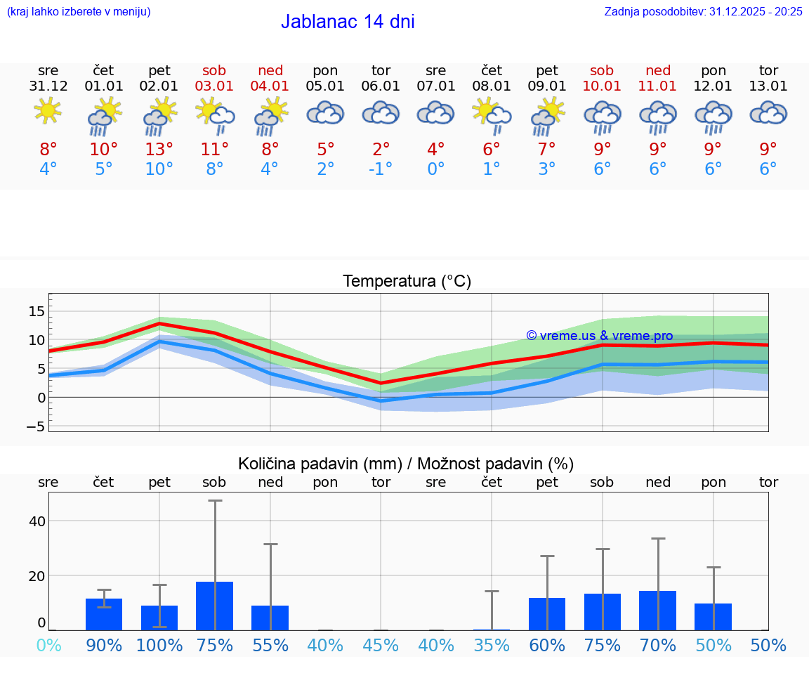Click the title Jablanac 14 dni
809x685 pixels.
click(x=348, y=22)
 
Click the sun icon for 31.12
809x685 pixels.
click(x=48, y=111)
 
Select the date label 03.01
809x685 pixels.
click(x=215, y=86)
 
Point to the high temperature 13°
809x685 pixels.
click(x=159, y=149)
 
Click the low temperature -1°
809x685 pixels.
click(x=381, y=169)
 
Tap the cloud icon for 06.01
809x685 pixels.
click(x=381, y=113)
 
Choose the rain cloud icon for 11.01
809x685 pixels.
click(x=658, y=117)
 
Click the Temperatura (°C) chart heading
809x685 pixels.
click(x=407, y=281)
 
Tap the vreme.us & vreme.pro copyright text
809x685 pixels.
click(x=599, y=336)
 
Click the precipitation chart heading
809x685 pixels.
click(x=406, y=464)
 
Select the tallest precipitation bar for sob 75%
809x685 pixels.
click(x=215, y=606)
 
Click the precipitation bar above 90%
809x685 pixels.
click(x=104, y=614)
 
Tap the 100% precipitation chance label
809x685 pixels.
click(x=159, y=645)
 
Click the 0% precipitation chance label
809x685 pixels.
click(x=48, y=645)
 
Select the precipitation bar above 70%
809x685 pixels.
click(x=658, y=611)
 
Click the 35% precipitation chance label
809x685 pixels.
click(x=492, y=645)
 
